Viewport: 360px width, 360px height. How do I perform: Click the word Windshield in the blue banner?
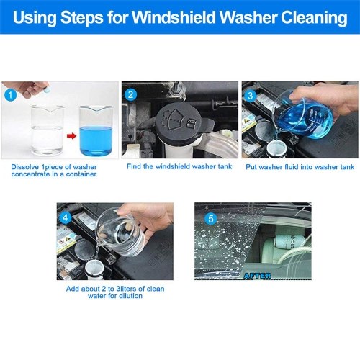pos(174,17)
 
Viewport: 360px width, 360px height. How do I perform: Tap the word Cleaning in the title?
pos(314,18)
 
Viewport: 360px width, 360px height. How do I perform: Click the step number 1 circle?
pos(10,95)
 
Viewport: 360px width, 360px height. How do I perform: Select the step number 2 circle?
pos(130,94)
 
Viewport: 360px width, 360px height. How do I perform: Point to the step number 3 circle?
pos(251,96)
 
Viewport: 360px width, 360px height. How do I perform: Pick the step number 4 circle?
pos(66,218)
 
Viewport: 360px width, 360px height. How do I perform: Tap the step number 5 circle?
pos(211,219)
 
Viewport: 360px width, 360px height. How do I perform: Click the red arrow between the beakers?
pos(71,136)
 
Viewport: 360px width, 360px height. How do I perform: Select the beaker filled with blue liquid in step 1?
pos(96,131)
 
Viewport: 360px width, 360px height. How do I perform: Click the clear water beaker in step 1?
pos(48,130)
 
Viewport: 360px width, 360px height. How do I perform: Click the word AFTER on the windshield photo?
pos(258,276)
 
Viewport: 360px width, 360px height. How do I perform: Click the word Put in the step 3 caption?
pos(251,167)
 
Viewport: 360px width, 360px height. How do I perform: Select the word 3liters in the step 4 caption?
pos(128,289)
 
